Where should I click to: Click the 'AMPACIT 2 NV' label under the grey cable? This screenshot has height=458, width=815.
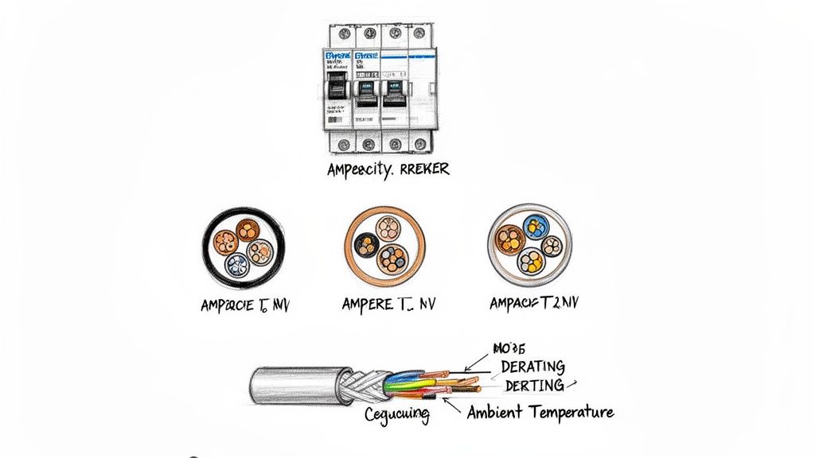pyautogui.click(x=533, y=303)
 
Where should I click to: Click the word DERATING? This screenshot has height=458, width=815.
pyautogui.click(x=532, y=367)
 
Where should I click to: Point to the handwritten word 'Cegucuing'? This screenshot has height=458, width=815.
pyautogui.click(x=396, y=414)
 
